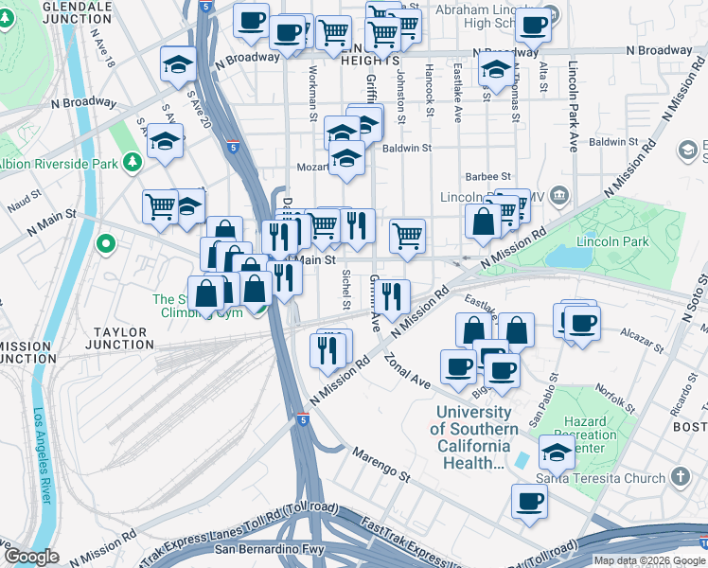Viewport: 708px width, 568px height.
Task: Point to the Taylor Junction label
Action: click(120, 339)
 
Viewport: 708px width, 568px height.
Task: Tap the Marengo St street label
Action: click(383, 465)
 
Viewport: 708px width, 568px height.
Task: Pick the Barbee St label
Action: click(487, 177)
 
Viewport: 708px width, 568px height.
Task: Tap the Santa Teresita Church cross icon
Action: click(681, 477)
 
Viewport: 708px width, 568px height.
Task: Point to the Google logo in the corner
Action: click(30, 557)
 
